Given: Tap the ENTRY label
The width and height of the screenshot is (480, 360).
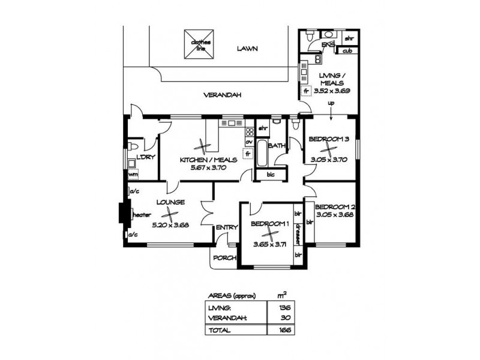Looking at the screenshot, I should click(x=227, y=227).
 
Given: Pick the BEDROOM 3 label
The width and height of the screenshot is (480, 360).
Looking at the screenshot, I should click(x=328, y=139).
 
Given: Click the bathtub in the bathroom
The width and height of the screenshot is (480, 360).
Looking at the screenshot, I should click(x=262, y=154).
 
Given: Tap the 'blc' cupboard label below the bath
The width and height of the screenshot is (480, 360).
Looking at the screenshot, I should click(x=262, y=175).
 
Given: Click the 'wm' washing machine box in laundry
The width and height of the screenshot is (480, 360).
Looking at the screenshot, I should click(x=133, y=175).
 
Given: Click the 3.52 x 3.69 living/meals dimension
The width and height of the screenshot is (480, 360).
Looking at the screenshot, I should click(x=332, y=91).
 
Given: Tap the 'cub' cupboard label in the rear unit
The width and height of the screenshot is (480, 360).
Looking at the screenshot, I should click(x=347, y=50).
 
